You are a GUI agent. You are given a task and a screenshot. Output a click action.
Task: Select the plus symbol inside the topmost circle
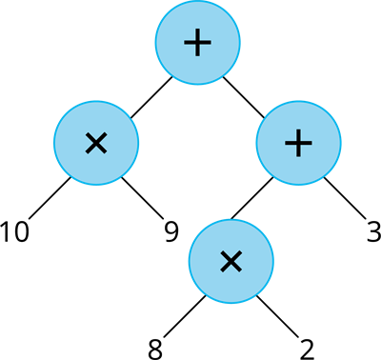[197, 43]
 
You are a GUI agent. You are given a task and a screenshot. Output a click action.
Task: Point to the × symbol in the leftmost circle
[96, 144]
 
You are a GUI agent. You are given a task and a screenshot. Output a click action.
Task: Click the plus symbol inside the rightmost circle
[298, 143]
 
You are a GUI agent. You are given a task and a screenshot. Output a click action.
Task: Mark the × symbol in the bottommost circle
[231, 261]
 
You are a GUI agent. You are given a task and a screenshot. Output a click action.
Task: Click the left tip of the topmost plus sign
[185, 43]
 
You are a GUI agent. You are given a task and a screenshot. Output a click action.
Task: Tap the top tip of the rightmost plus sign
[298, 130]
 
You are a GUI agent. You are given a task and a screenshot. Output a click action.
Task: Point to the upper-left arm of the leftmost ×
[89, 136]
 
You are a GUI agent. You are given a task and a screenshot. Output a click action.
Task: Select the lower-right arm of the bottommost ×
[239, 270]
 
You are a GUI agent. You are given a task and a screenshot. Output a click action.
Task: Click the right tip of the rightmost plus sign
[311, 143]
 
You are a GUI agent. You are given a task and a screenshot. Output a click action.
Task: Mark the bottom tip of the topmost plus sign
[197, 55]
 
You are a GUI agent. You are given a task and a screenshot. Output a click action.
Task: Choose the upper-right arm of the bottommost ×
[239, 252]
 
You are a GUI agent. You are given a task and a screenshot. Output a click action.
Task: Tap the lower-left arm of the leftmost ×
[89, 151]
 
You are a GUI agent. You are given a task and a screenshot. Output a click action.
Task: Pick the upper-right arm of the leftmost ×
[104, 136]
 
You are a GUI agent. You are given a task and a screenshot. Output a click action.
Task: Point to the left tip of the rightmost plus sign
[286, 143]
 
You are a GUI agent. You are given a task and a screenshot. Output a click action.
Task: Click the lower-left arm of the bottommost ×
[222, 270]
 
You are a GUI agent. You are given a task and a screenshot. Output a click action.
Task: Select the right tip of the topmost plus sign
[210, 43]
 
